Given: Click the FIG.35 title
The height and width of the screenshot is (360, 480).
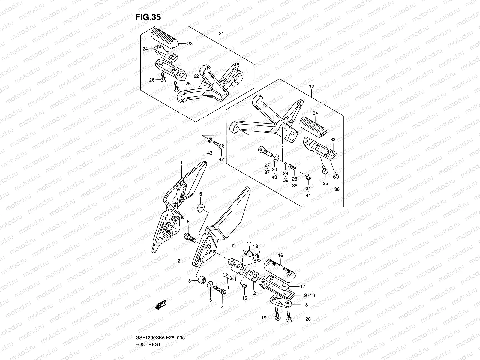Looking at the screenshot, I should pos(148,17).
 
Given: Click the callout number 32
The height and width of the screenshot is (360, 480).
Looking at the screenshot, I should pos(311,87).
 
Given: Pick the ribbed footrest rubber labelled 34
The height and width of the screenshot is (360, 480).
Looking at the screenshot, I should pos(313,125).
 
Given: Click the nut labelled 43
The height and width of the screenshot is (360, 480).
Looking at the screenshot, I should pos(210,140).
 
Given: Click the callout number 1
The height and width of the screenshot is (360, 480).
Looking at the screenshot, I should pos(181,162).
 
